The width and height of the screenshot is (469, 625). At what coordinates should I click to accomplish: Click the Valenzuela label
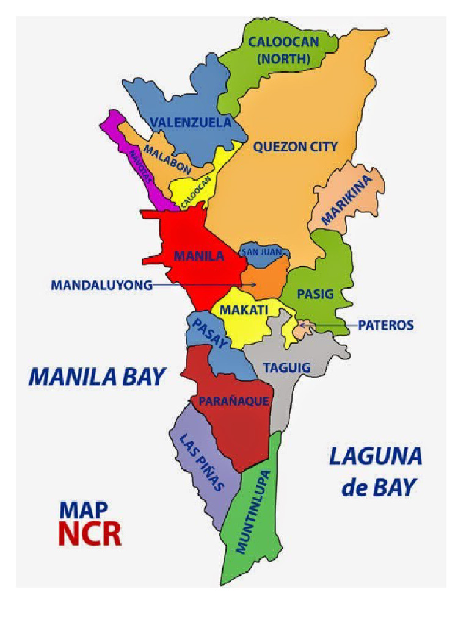coord(191,122)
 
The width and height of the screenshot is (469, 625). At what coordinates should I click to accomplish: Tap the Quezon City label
coord(296,146)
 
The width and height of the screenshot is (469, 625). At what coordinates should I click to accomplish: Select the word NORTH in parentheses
coord(283,59)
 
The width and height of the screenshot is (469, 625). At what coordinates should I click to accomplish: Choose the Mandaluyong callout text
coord(101,285)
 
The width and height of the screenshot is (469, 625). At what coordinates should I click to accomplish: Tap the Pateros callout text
coord(385,325)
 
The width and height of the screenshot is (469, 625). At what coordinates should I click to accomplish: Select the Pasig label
coord(315,294)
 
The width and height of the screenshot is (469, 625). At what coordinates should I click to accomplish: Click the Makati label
coord(244,310)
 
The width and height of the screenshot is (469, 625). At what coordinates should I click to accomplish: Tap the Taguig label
coord(286,368)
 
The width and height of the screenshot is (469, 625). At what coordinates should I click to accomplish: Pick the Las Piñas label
coord(202,462)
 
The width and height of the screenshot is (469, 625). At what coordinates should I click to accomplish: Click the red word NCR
coord(89,532)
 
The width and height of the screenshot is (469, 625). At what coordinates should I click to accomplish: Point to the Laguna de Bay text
coord(375,471)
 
